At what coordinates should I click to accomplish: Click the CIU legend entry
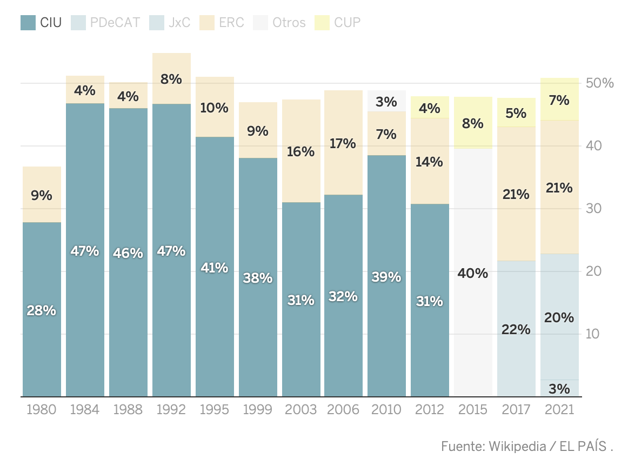[x=41, y=23]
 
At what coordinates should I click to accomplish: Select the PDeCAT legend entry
[x=105, y=23]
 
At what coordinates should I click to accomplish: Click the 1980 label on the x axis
[x=42, y=410]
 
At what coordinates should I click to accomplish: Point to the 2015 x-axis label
[x=473, y=410]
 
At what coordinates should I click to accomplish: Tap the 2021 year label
[x=559, y=410]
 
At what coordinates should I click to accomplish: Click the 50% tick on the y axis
[x=600, y=83]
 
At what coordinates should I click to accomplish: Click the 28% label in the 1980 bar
[x=42, y=310]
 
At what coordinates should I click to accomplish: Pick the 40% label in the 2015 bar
[x=473, y=274]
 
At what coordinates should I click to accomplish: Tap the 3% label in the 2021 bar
[x=559, y=389]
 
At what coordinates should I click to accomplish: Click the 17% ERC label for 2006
[x=344, y=143]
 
